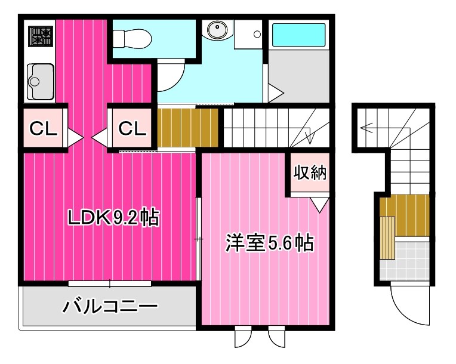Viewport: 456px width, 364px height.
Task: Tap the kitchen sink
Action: (40, 78)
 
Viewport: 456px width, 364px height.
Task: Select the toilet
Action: (133, 39)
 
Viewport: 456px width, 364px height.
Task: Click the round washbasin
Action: (215, 29)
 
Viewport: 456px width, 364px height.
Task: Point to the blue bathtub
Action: (298, 36)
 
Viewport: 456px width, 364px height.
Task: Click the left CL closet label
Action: (44, 128)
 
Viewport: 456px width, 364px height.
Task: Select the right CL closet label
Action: (132, 128)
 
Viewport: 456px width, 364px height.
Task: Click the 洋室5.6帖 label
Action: (269, 243)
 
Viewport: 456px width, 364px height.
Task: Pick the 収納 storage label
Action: (309, 174)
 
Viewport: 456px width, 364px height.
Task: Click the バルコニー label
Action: (111, 308)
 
